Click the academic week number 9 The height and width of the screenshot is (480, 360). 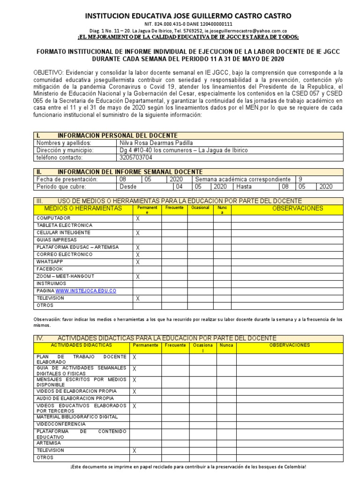[x=301, y=179]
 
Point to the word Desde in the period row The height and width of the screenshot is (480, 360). [x=129, y=187]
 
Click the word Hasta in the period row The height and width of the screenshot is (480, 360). [x=244, y=187]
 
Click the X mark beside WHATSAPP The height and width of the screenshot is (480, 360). [x=138, y=262]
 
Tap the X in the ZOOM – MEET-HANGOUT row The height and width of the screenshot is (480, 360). [x=138, y=277]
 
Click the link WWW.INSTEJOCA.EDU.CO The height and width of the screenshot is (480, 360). [x=86, y=291]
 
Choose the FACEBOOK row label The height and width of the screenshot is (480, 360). [x=50, y=269]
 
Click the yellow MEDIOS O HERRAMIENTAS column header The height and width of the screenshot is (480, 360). [x=83, y=209]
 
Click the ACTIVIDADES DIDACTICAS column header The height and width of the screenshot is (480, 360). [x=81, y=345]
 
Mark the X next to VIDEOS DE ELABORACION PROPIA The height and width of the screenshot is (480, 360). [x=135, y=391]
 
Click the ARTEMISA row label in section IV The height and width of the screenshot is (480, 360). [x=49, y=442]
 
